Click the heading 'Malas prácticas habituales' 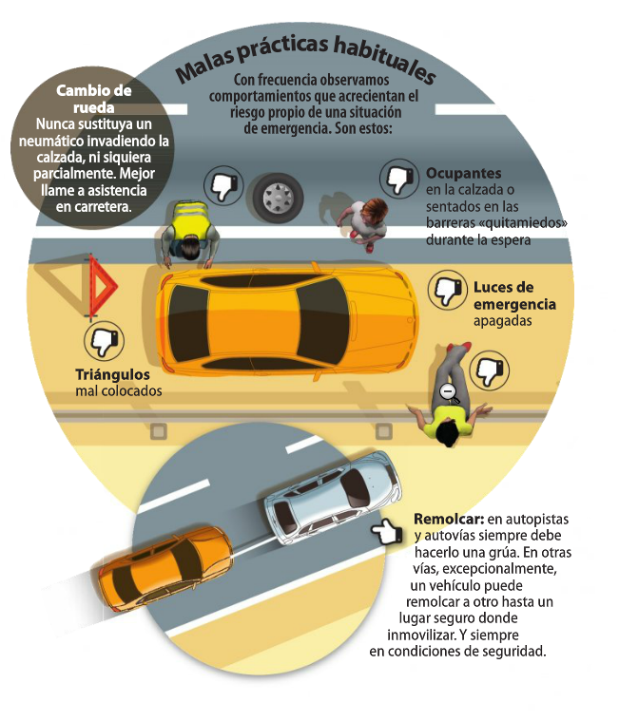point(305,60)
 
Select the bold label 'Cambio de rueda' point(93,100)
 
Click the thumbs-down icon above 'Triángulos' point(106,340)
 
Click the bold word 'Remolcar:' point(449,520)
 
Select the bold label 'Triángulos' point(111,374)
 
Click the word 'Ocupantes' point(464,174)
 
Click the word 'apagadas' point(501,321)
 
